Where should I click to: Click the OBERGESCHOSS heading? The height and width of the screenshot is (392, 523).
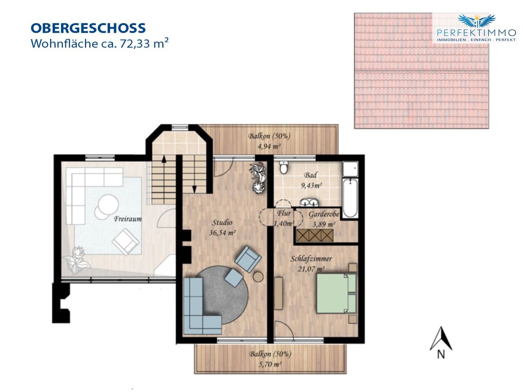tap(88, 28)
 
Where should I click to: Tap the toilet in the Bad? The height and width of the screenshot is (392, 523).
tap(284, 167)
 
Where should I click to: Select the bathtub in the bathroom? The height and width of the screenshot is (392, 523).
tap(350, 198)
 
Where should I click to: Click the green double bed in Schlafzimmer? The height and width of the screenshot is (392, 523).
tap(336, 293)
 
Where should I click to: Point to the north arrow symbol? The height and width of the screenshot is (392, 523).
tap(440, 339)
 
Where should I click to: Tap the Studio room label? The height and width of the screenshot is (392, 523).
tap(222, 223)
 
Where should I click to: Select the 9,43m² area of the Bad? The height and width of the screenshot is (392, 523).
tap(311, 185)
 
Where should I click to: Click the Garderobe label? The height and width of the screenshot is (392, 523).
tap(324, 214)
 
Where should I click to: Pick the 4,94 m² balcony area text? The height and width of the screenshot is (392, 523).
tap(269, 146)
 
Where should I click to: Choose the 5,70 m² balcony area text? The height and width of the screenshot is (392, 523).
tap(270, 364)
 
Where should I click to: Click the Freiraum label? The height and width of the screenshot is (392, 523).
tap(128, 219)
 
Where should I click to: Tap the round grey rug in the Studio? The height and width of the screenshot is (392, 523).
tap(221, 295)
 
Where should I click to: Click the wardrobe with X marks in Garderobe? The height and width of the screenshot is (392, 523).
tap(315, 235)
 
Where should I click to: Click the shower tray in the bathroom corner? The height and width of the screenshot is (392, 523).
tap(350, 169)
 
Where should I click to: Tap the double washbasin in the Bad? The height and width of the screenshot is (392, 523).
tap(309, 202)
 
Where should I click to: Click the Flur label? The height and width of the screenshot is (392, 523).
tap(284, 213)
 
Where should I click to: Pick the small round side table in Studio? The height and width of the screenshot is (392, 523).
tap(258, 276)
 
